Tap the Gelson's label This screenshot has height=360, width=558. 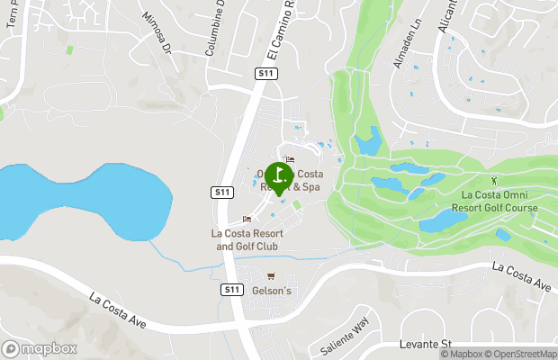(272, 291)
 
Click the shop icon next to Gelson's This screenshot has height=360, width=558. (271, 275)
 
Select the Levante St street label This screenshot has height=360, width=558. (425, 345)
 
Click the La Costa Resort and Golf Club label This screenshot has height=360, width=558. (246, 239)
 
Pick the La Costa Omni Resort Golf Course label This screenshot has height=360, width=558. (499, 202)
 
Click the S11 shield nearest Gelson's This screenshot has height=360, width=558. (231, 290)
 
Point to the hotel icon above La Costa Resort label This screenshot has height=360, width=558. (247, 220)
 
